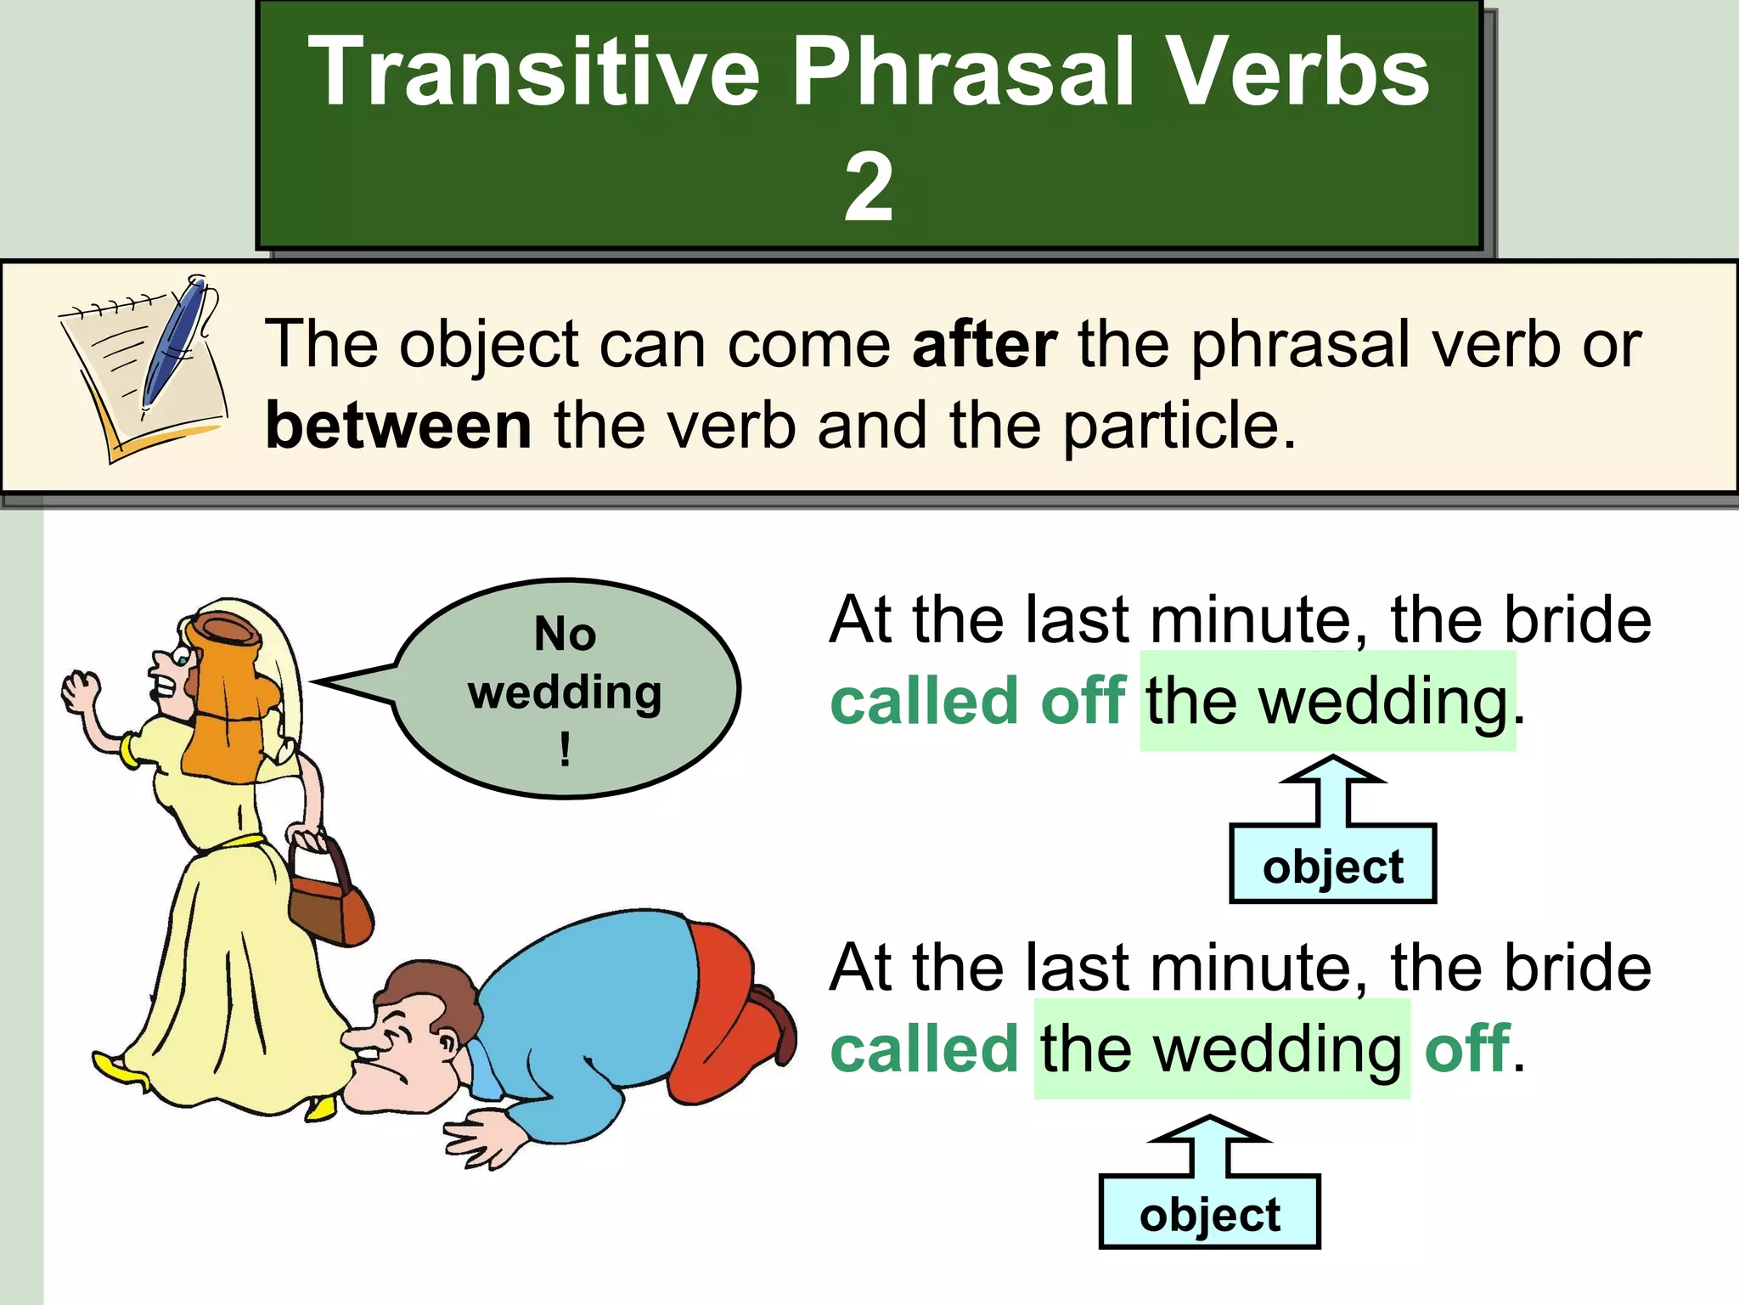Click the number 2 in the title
(x=868, y=189)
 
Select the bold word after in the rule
(x=984, y=345)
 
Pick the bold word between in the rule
(x=398, y=426)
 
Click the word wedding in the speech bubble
(x=565, y=692)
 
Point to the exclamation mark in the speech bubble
(x=565, y=749)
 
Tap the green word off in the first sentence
(x=1083, y=702)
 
